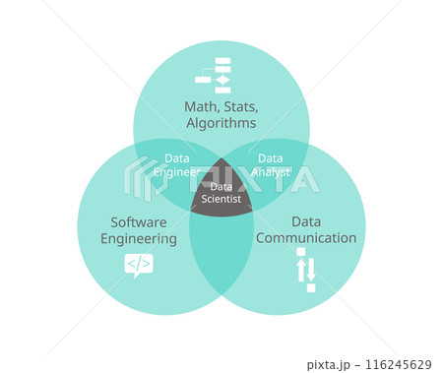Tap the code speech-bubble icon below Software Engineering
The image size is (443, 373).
[x=138, y=264]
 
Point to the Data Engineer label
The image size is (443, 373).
[x=181, y=164]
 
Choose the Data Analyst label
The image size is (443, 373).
[x=271, y=164]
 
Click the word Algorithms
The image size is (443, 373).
[x=221, y=124]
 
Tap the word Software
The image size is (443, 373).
[x=138, y=221]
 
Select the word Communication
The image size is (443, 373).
[x=305, y=238]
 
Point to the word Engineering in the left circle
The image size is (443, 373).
[x=138, y=238]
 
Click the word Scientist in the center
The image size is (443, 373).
[x=221, y=199]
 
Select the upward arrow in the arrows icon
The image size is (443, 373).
[x=301, y=269]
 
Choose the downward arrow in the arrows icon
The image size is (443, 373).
[x=311, y=269]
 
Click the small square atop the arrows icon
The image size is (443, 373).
[x=301, y=252]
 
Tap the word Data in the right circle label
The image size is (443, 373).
[x=305, y=221]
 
